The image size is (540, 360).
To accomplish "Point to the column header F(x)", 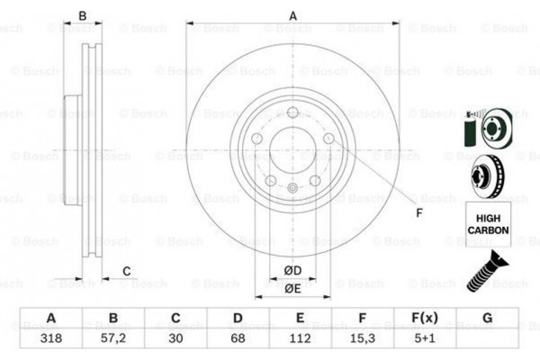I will (x=424, y=319).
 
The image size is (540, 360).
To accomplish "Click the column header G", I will (x=487, y=319).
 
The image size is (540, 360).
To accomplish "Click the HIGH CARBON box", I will (x=488, y=224).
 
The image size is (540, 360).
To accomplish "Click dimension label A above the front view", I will (x=292, y=14).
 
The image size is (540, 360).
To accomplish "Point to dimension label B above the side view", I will (x=82, y=14).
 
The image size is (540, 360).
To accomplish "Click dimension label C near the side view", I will (x=127, y=271).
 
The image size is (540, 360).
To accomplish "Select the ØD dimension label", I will (x=292, y=270).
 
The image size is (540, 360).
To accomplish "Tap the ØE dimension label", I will (x=292, y=288).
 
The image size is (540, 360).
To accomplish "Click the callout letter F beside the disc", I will (x=418, y=212).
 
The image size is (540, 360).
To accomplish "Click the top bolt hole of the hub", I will (x=293, y=112).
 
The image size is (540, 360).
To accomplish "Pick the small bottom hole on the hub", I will (x=293, y=187).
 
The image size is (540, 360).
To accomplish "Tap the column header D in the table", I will (x=238, y=319).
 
